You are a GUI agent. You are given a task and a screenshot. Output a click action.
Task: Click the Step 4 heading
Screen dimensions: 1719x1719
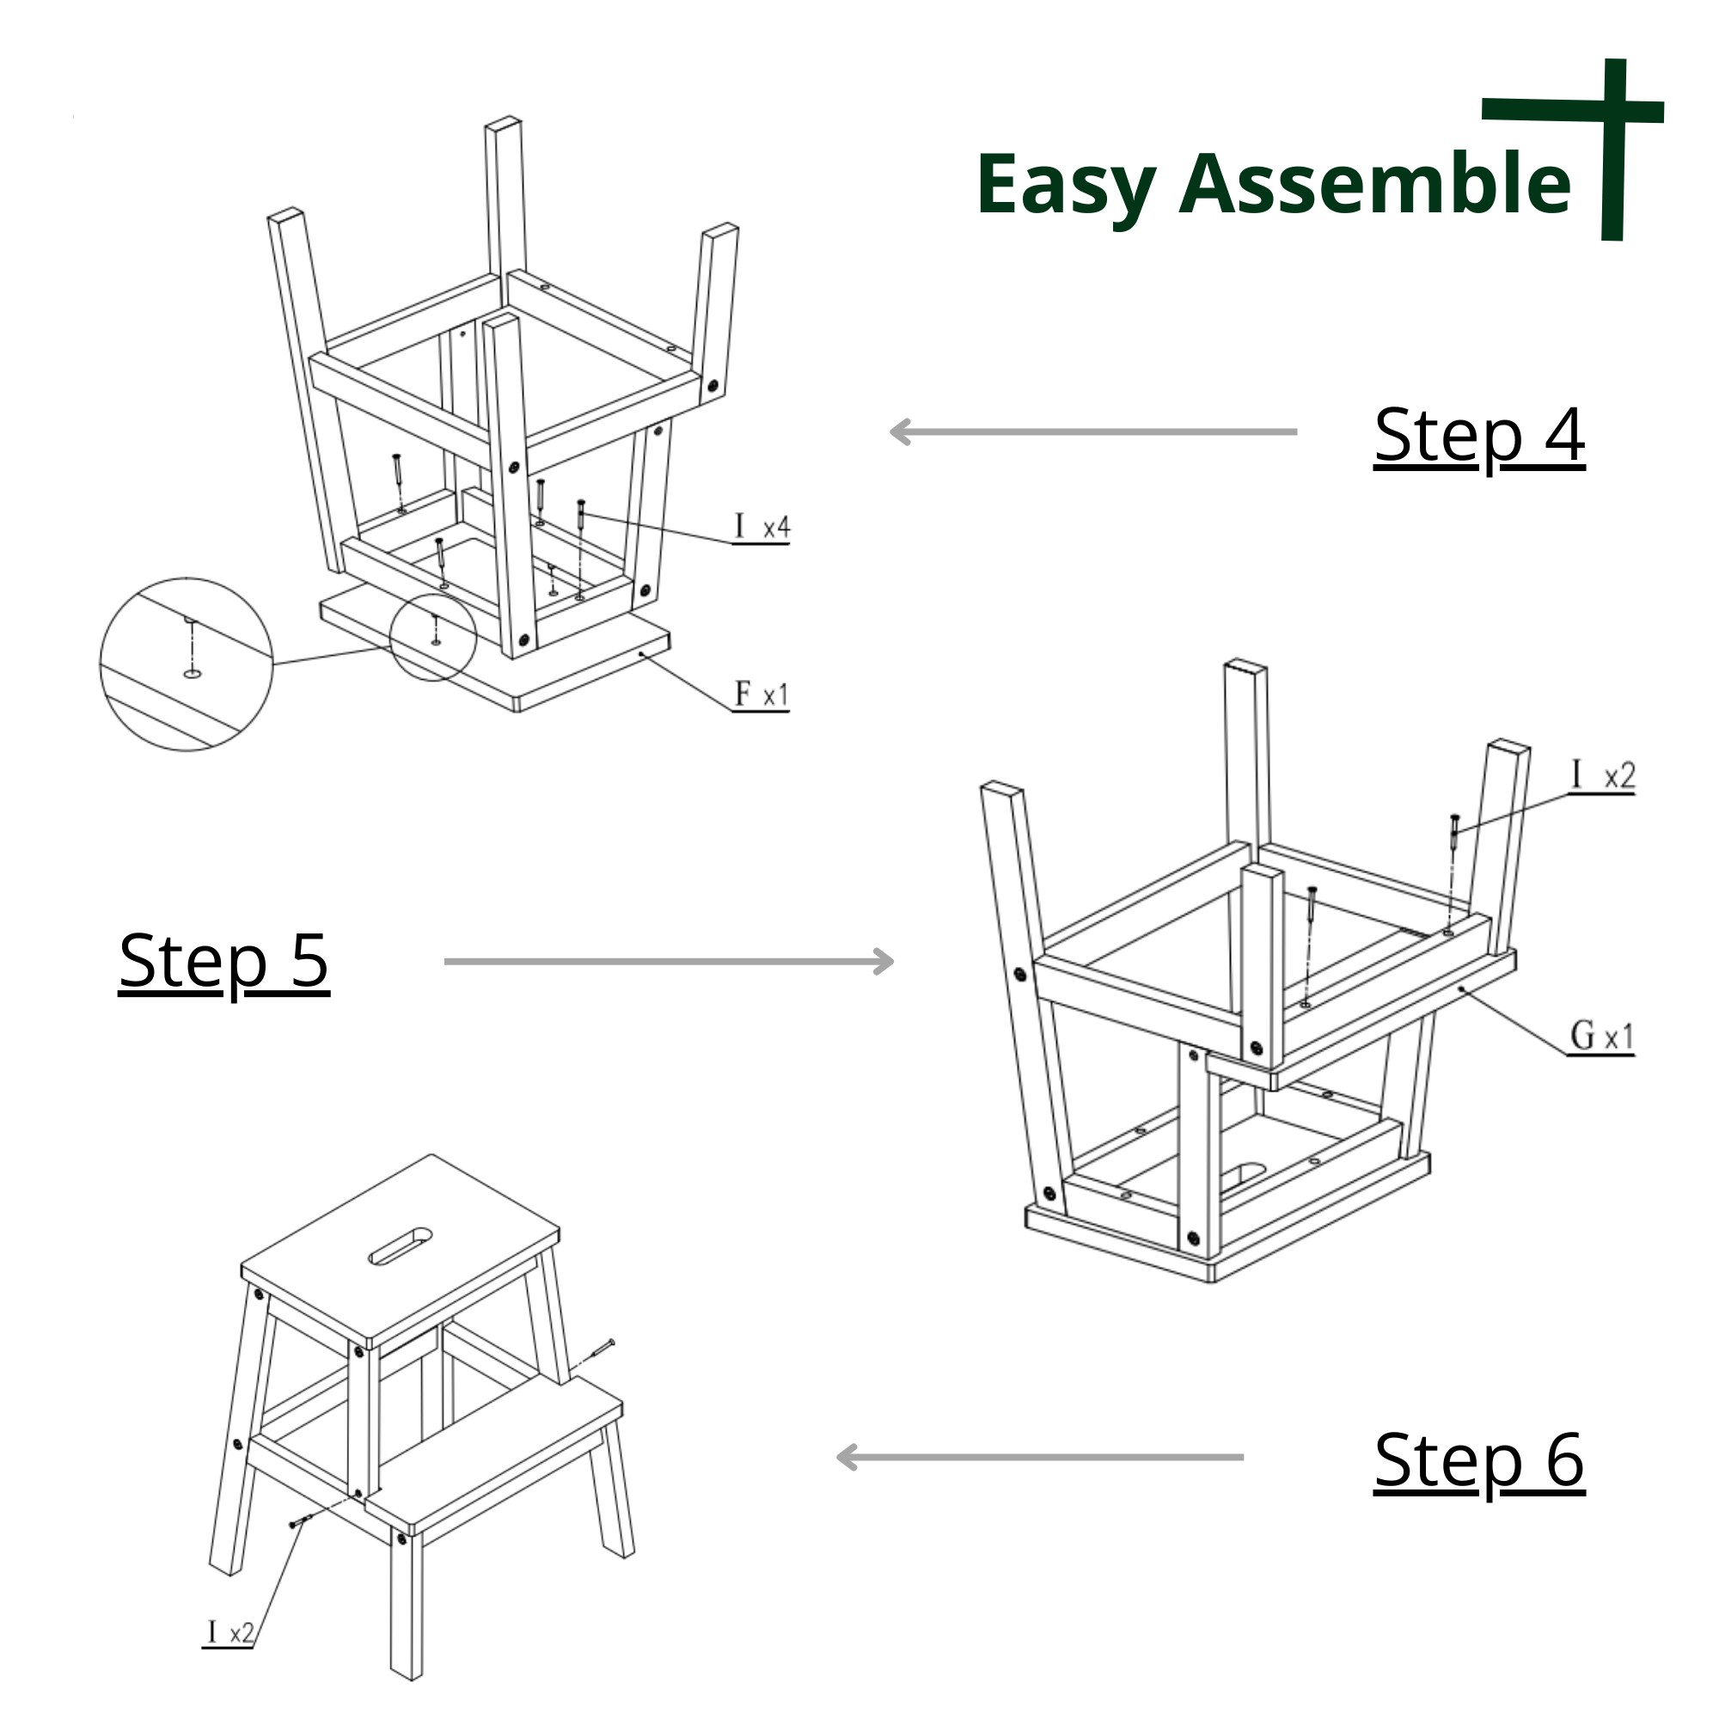click(x=1478, y=437)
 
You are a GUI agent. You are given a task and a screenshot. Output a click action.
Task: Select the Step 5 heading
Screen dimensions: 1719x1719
click(x=224, y=963)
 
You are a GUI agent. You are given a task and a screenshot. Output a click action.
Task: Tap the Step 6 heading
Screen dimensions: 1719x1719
click(x=1478, y=1461)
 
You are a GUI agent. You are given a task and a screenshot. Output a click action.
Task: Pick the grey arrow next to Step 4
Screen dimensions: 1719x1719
click(x=1093, y=432)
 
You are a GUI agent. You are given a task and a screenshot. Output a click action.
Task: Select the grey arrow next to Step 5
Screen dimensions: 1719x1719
click(x=669, y=962)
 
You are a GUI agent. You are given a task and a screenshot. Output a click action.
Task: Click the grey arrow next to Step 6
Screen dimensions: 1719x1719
click(x=1040, y=1458)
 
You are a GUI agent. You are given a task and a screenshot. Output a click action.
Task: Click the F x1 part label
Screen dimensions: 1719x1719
click(x=762, y=694)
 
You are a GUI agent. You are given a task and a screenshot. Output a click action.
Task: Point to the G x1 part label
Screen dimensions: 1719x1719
click(x=1601, y=1037)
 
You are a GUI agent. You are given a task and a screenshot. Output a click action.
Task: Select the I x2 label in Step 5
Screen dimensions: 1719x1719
click(x=1601, y=776)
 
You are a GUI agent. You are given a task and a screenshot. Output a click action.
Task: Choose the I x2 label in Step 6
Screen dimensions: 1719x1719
click(x=229, y=1633)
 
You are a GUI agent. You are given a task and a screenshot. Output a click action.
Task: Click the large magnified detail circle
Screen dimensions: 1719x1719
click(x=186, y=664)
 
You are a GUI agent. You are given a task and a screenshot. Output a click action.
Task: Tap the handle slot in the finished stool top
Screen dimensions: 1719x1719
click(x=401, y=1246)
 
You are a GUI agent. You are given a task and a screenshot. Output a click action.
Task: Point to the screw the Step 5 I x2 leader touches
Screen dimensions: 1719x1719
click(x=1455, y=829)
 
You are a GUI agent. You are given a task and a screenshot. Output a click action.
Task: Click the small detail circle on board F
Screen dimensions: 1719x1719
click(x=432, y=638)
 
